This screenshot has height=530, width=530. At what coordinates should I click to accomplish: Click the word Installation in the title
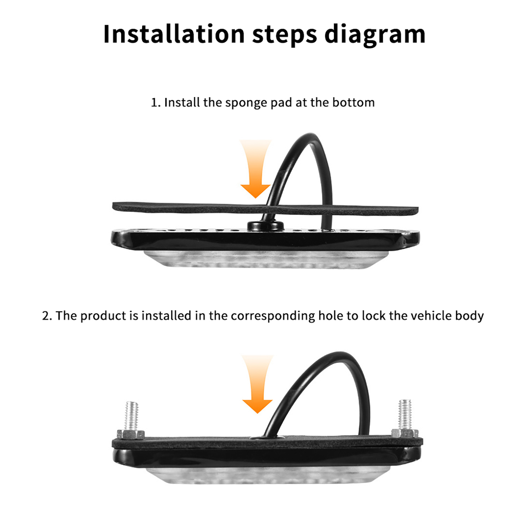pyautogui.click(x=174, y=34)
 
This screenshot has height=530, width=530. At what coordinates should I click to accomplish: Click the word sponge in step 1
pyautogui.click(x=246, y=103)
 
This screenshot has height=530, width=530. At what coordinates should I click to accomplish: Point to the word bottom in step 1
pyautogui.click(x=353, y=102)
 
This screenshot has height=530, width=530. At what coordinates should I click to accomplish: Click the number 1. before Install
pyautogui.click(x=156, y=103)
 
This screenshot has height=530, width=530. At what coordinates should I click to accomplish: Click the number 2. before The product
pyautogui.click(x=47, y=316)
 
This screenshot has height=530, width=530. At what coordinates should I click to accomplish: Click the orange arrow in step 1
pyautogui.click(x=255, y=169)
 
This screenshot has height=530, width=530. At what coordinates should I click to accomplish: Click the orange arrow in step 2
pyautogui.click(x=257, y=384)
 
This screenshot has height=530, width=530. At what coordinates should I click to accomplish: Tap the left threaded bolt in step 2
pyautogui.click(x=132, y=416)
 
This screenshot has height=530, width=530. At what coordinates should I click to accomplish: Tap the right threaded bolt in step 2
pyautogui.click(x=405, y=414)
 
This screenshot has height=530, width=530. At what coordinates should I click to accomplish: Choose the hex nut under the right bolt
pyautogui.click(x=405, y=433)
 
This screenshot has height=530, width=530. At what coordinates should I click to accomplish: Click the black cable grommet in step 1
pyautogui.click(x=265, y=226)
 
